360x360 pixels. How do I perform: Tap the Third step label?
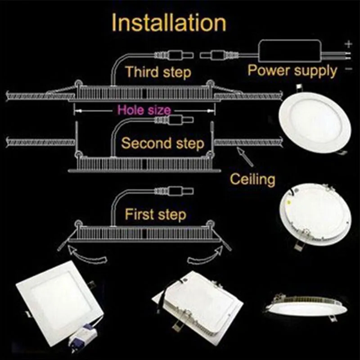coord(158,72)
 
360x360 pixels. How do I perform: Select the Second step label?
coord(163,144)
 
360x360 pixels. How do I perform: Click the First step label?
coord(155,214)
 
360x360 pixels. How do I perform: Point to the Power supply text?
coord(292,71)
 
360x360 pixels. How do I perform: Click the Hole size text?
coord(144,110)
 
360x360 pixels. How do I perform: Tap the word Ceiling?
coord(252,179)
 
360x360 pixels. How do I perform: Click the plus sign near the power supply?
coord(347,44)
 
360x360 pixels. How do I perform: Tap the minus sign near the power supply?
coord(347,69)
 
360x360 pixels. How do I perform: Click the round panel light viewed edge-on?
coord(306,306)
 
